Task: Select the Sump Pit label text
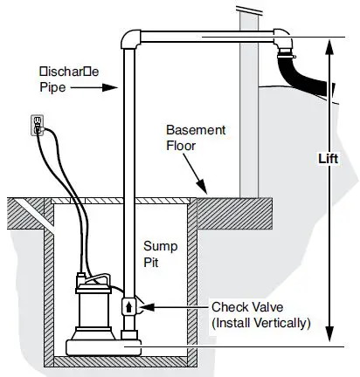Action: coord(160,253)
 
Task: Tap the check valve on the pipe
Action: coord(128,307)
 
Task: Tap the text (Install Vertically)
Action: coord(260,324)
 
